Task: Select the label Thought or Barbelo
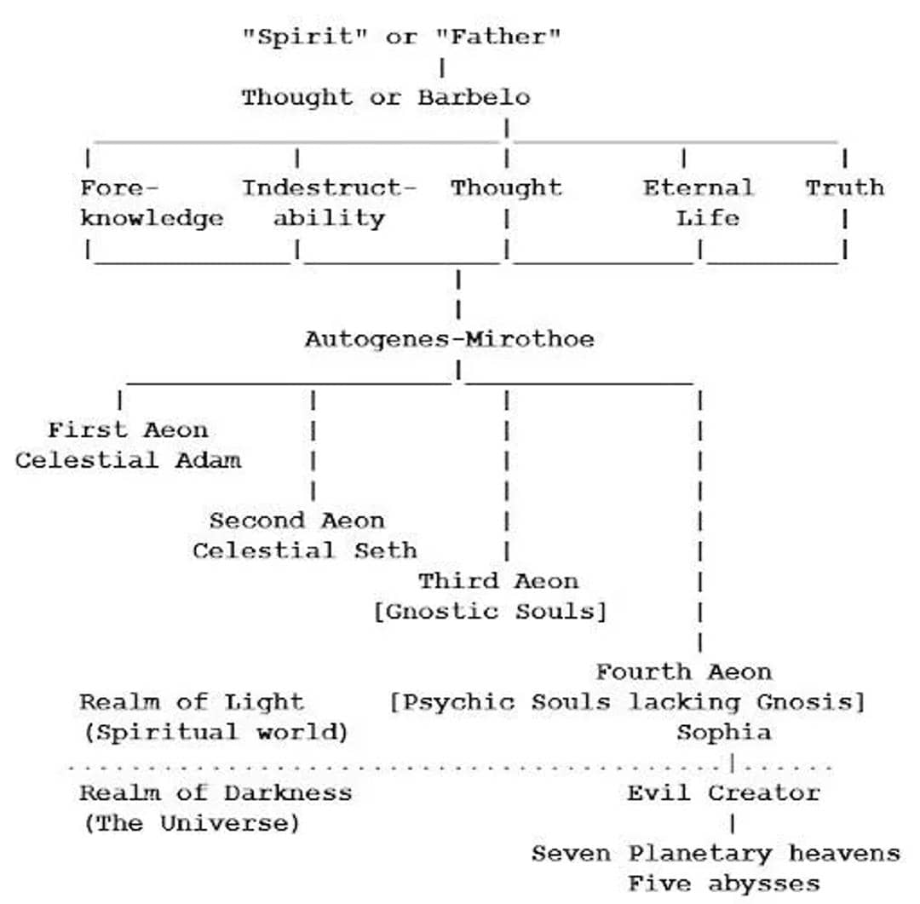385,97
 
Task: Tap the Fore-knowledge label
152,203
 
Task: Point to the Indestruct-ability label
330,203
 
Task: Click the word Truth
844,187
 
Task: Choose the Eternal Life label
699,203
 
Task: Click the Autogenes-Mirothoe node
449,339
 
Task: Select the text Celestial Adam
128,460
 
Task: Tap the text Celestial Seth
305,550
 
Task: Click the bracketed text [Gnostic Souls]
490,612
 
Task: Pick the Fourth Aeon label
683,671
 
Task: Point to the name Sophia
724,732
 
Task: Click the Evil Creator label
723,792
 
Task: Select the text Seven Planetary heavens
716,853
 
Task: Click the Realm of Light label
191,702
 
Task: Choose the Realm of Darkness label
215,792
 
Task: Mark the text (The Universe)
191,823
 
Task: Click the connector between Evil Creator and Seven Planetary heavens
732,823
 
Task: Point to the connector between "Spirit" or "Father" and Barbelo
442,66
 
